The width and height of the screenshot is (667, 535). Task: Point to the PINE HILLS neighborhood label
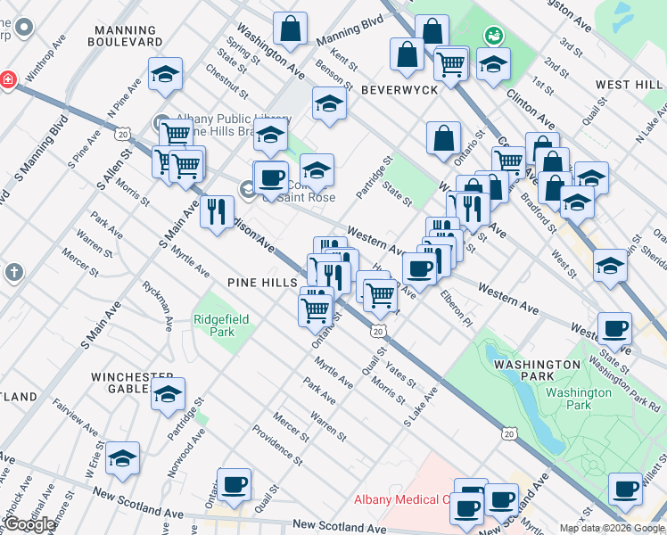pyautogui.click(x=261, y=282)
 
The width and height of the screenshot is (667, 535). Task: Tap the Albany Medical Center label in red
pyautogui.click(x=406, y=499)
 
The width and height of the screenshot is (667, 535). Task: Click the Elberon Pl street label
pyautogui.click(x=455, y=309)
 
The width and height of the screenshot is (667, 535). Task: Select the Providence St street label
pyautogui.click(x=276, y=446)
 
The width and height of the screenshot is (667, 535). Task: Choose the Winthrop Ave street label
pyautogui.click(x=45, y=58)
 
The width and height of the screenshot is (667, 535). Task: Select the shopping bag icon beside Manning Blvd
pyautogui.click(x=291, y=29)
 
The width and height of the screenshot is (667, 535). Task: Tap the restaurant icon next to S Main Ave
pyautogui.click(x=217, y=212)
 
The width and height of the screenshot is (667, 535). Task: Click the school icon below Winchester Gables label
pyautogui.click(x=167, y=395)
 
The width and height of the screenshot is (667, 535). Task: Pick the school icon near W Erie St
pyautogui.click(x=123, y=458)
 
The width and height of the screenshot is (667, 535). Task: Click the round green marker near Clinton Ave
pyautogui.click(x=491, y=36)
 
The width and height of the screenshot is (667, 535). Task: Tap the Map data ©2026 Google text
pyautogui.click(x=612, y=528)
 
